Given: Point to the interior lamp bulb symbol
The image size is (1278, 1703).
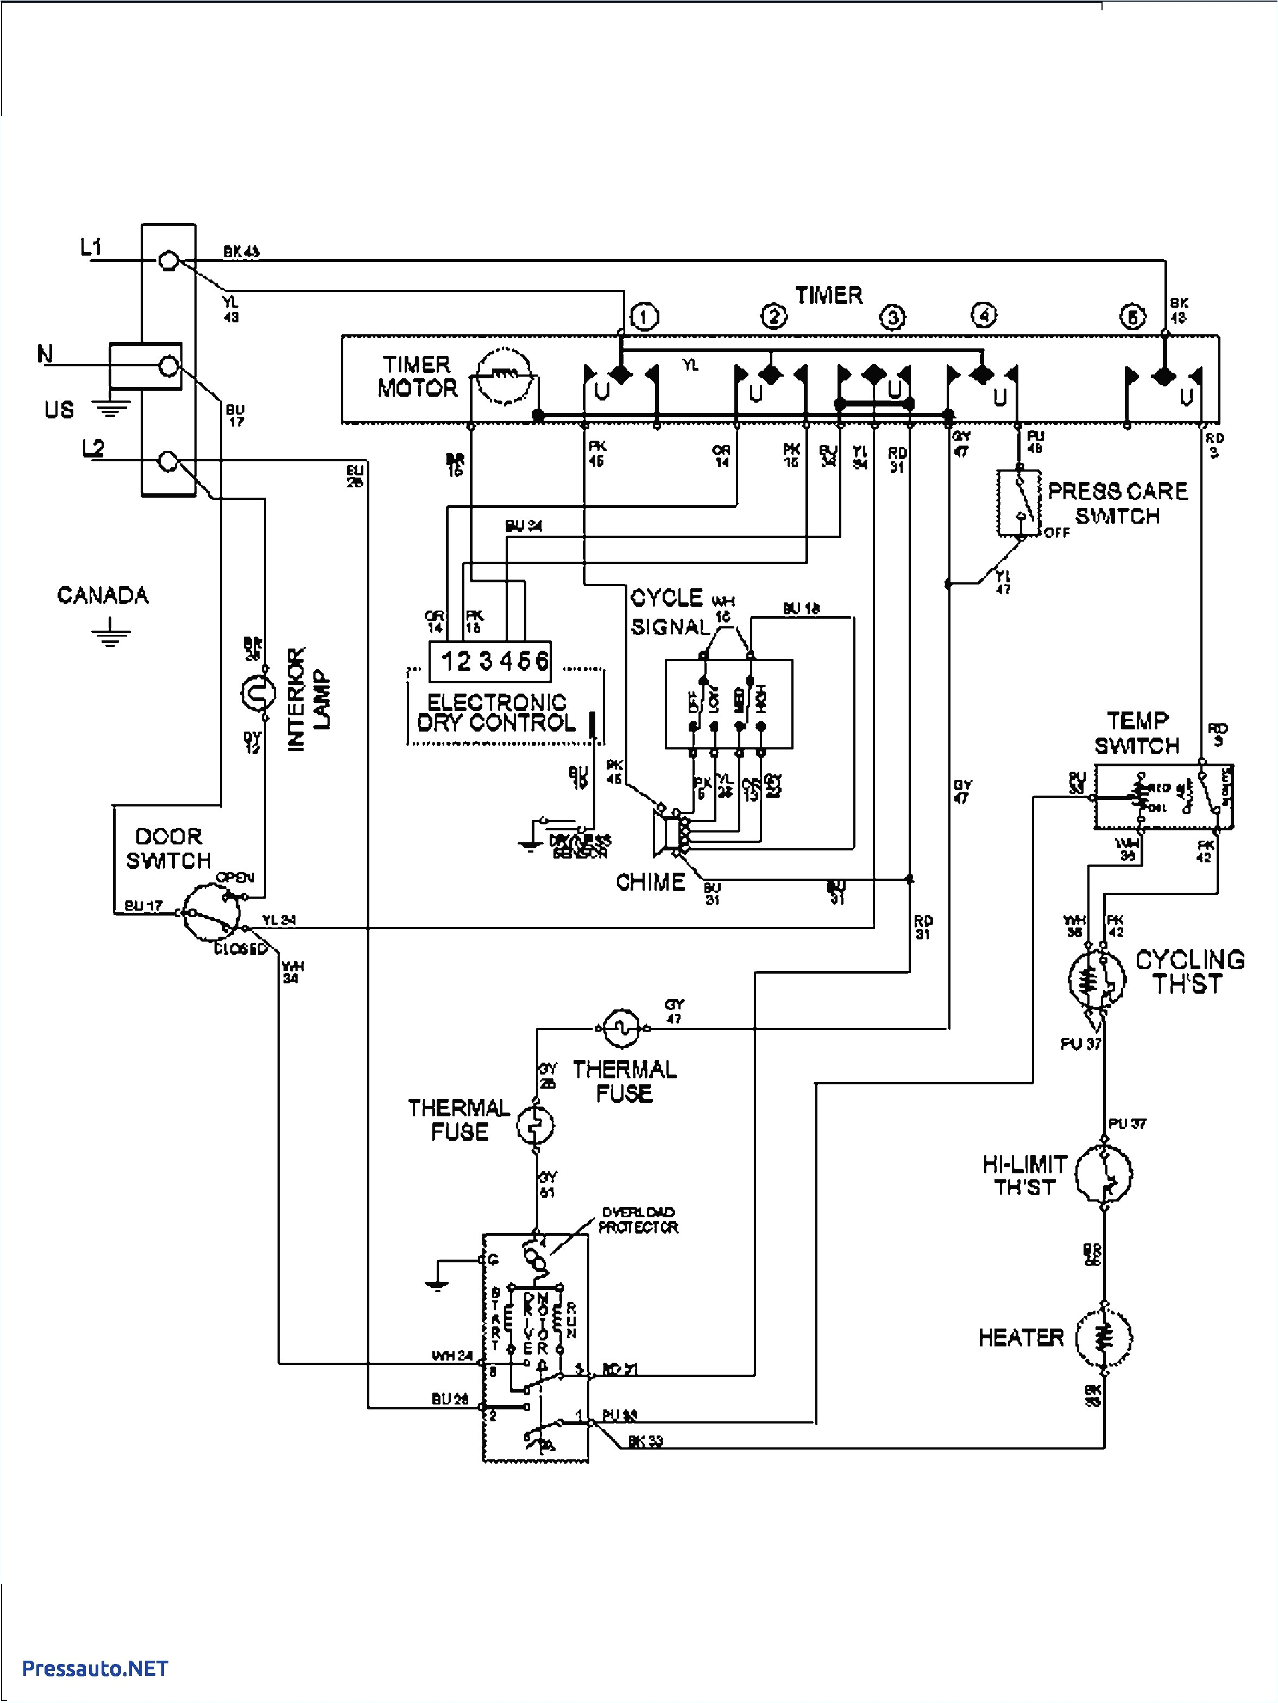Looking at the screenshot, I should pos(256,694).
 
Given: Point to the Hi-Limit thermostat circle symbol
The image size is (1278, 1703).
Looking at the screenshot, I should pos(1104,1174).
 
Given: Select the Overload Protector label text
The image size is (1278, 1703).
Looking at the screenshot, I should pos(637,1221).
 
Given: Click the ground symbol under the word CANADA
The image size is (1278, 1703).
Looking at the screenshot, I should pos(111,634).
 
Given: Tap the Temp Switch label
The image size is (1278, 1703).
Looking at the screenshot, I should pos(1136,733).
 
